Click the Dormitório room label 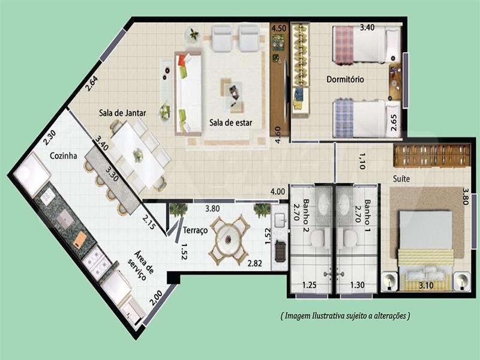[x=345, y=79]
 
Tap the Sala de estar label [x=230, y=122]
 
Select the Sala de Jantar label [x=122, y=113]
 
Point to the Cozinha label [x=64, y=155]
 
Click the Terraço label [x=195, y=230]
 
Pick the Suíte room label [x=401, y=178]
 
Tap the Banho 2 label [x=305, y=216]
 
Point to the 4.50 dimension [x=278, y=28]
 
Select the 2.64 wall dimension [x=91, y=83]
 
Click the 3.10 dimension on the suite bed [x=426, y=286]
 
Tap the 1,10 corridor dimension [x=362, y=161]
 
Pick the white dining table [x=138, y=154]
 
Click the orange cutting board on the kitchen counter [x=80, y=238]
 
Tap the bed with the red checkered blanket [x=367, y=45]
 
